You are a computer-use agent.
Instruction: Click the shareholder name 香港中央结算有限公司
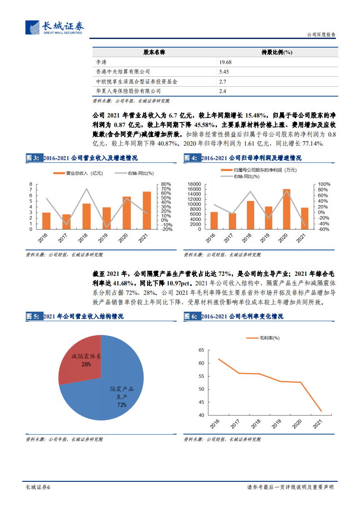(x=123, y=72)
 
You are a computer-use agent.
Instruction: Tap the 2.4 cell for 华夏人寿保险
(x=222, y=91)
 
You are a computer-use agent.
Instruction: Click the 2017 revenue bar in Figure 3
(x=66, y=221)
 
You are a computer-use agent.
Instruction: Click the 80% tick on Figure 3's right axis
(x=166, y=184)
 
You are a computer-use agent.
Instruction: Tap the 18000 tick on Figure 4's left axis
(x=194, y=184)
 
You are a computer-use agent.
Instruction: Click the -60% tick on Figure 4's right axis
(x=323, y=229)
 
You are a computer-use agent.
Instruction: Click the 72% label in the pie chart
(x=122, y=404)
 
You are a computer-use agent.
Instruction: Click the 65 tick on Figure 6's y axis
(x=202, y=350)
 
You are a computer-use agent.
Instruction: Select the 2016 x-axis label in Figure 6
(x=215, y=424)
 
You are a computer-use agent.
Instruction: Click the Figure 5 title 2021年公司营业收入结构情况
(x=83, y=316)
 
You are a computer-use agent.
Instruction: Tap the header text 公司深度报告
(x=322, y=34)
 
